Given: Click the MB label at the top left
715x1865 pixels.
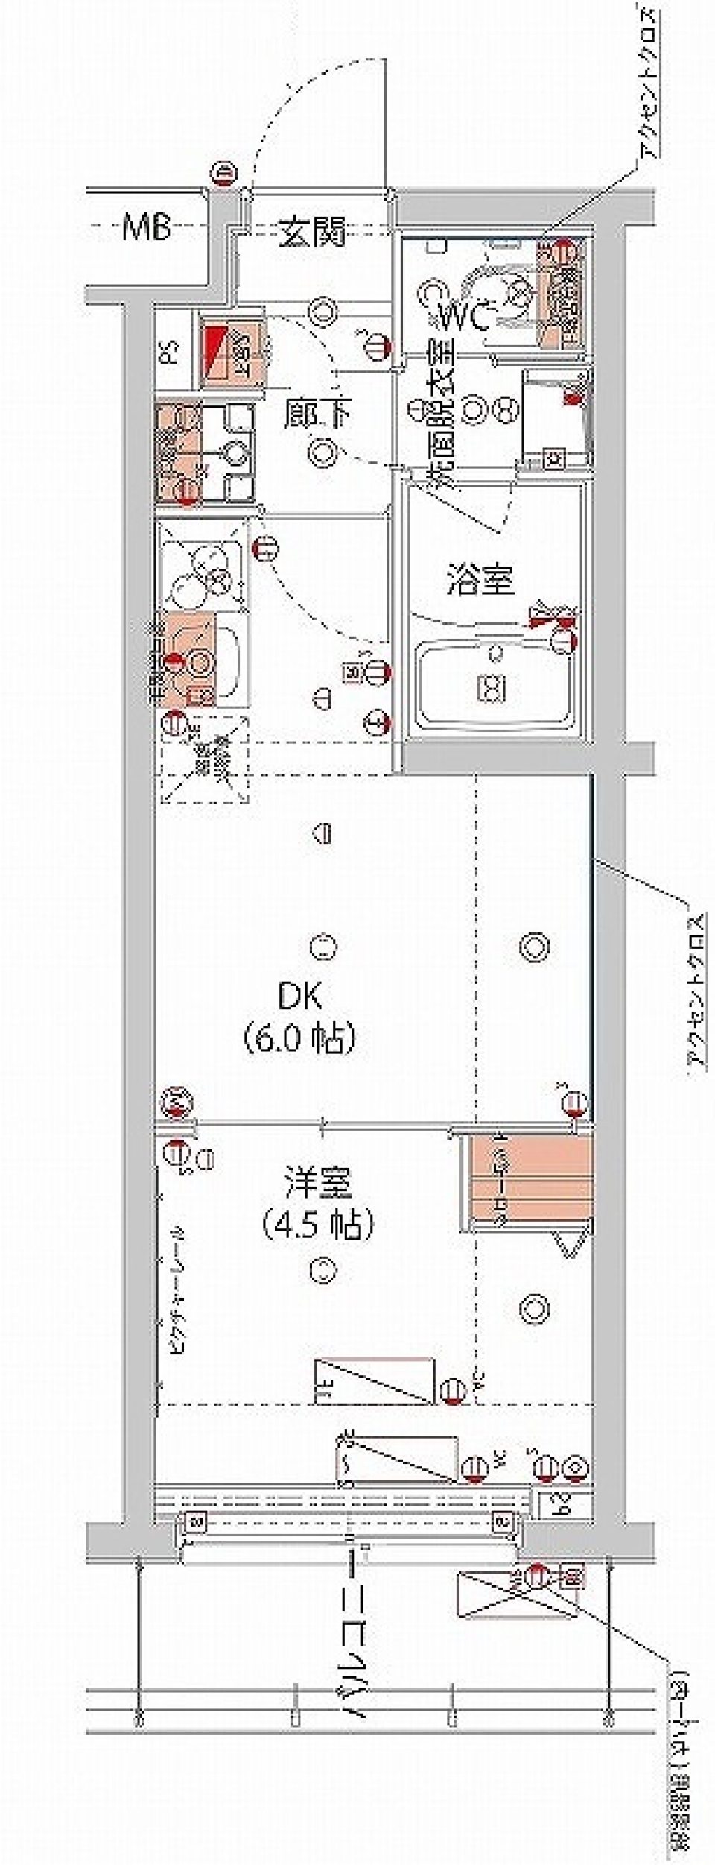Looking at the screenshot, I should [147, 227].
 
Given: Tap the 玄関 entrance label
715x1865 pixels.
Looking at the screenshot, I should [313, 233].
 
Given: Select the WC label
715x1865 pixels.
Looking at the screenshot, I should [463, 320].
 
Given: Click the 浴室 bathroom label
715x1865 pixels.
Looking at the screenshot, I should [480, 580].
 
